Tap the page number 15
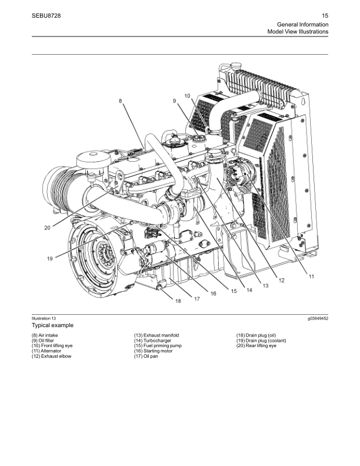(325, 16)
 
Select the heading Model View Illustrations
(298, 31)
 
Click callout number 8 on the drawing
(121, 101)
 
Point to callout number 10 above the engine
(187, 95)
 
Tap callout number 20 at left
(47, 228)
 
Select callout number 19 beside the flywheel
(50, 258)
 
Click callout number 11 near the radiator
(311, 276)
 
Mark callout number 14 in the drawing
(249, 289)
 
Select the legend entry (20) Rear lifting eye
(256, 345)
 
